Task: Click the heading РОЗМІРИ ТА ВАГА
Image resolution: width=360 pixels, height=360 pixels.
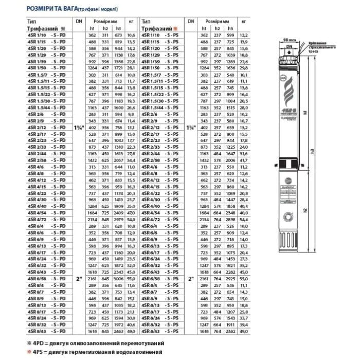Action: point(57,9)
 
